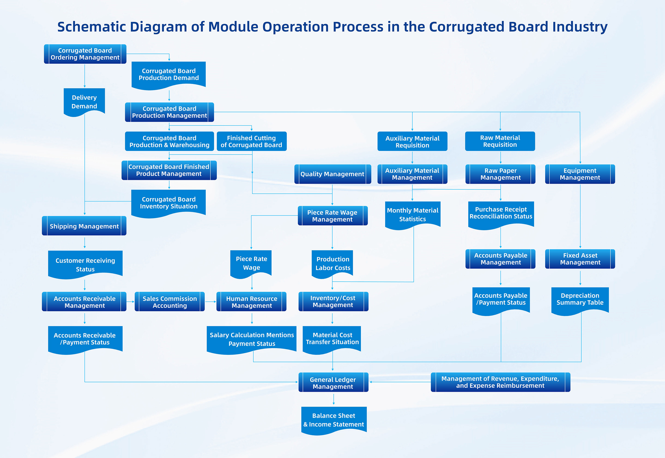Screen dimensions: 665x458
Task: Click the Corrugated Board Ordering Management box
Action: click(85, 54)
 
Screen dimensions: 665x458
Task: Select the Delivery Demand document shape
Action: click(84, 102)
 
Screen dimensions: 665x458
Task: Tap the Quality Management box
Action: click(332, 174)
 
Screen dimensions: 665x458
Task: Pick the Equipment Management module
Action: click(580, 174)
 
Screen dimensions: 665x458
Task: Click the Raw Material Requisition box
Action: click(500, 141)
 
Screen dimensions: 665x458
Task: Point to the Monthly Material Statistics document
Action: click(413, 215)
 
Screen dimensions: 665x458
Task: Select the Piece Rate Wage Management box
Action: click(332, 216)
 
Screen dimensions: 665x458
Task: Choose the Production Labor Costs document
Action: click(332, 264)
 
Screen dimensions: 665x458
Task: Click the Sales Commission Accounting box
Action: click(170, 302)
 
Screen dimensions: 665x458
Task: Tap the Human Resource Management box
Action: click(251, 302)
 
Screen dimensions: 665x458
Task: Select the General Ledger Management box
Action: click(333, 382)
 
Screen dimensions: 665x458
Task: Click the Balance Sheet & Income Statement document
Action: click(334, 420)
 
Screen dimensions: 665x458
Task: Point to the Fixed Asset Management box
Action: click(580, 259)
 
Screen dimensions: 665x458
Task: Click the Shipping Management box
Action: click(84, 226)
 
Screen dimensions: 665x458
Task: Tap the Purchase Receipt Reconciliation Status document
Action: click(501, 215)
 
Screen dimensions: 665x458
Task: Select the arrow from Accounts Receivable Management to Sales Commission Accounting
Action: click(130, 302)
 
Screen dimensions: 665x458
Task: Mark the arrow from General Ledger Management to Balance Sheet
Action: click(334, 399)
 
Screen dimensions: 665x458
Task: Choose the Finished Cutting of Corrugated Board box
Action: click(251, 141)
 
